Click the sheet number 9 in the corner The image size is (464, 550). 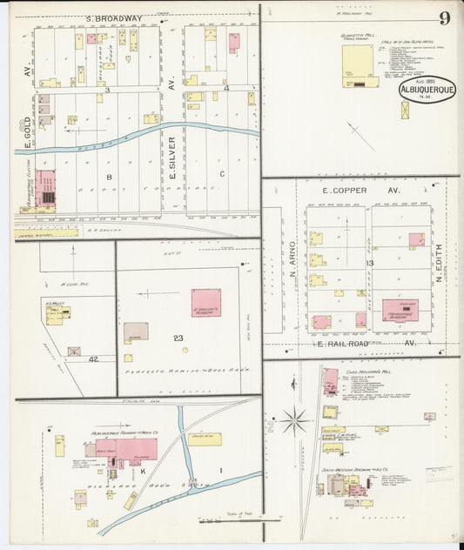pyautogui.click(x=444, y=17)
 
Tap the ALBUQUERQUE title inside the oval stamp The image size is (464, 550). pyautogui.click(x=427, y=88)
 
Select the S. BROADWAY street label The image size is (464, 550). pyautogui.click(x=114, y=17)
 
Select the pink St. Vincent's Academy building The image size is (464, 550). pyautogui.click(x=206, y=302)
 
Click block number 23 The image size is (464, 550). pyautogui.click(x=179, y=338)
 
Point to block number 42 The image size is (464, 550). pyautogui.click(x=92, y=358)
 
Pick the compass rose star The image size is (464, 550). pyautogui.click(x=294, y=422)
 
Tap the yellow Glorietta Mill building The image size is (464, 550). pyautogui.click(x=357, y=65)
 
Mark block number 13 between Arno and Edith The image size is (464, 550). pyautogui.click(x=369, y=263)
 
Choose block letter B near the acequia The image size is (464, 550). pyautogui.click(x=110, y=176)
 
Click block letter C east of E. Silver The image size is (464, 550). pyautogui.click(x=222, y=174)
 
